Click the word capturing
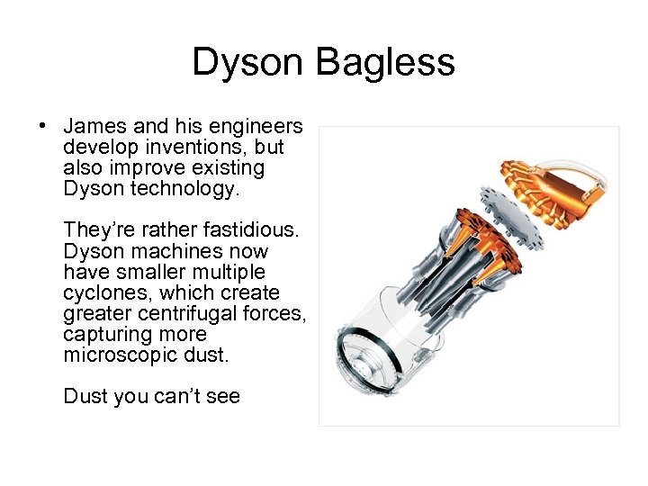103,334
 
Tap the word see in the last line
220,396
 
